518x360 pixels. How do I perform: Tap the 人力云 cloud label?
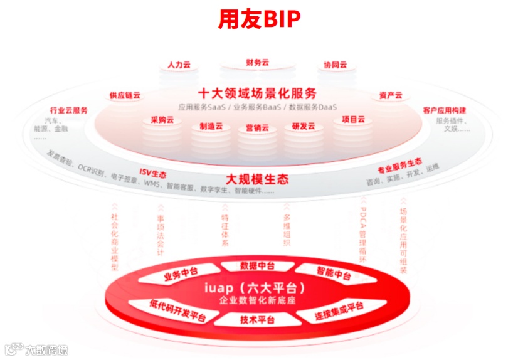coord(179,65)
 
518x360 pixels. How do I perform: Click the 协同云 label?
coord(335,65)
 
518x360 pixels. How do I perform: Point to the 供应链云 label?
coord(125,95)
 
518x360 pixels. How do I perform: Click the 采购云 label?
coord(162,120)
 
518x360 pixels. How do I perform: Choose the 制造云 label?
coord(211,125)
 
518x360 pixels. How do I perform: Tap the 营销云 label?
coord(257,127)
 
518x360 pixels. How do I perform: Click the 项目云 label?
coord(353,119)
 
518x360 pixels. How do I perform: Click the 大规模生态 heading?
coord(257,179)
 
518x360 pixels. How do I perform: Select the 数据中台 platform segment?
coord(258,265)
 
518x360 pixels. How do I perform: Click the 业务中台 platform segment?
coord(181,274)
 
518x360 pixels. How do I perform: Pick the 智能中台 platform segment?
coord(334,274)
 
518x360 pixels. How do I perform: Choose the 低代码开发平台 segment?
coord(177,310)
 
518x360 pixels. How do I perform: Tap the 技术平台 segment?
coord(258,320)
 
